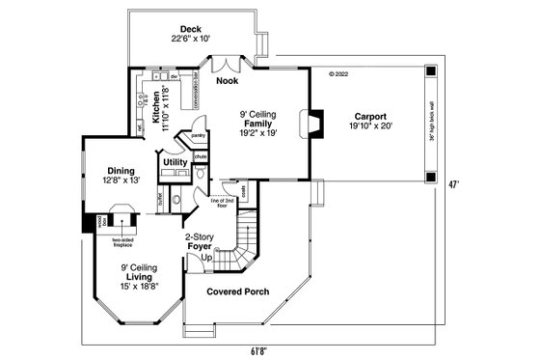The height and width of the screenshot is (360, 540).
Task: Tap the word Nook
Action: click(227, 81)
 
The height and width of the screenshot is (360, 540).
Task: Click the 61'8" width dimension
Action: click(257, 350)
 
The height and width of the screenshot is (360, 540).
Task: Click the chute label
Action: click(201, 155)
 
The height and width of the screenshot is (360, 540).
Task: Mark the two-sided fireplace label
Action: click(121, 241)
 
